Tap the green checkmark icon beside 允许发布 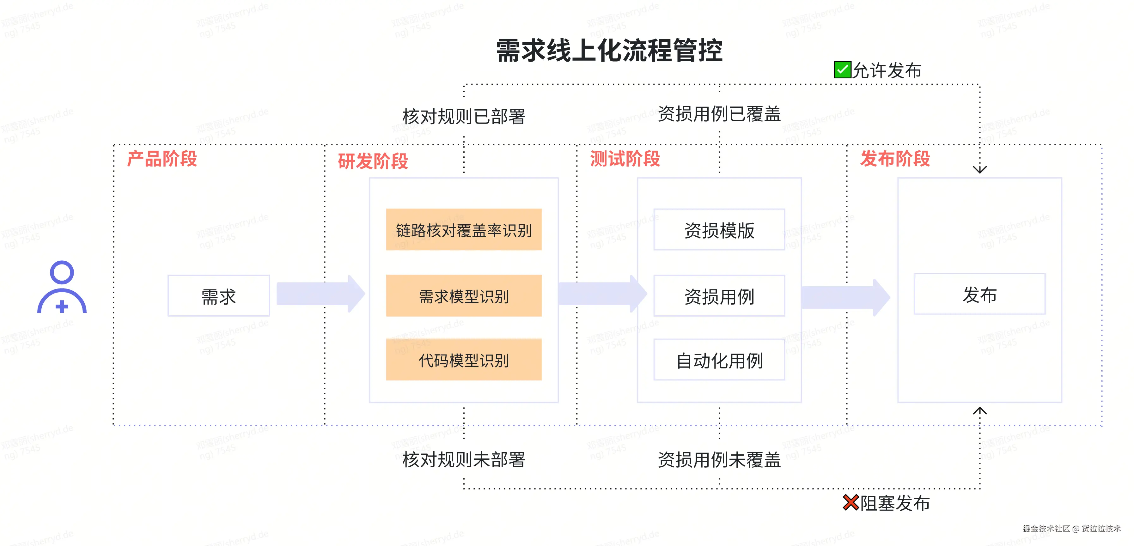842,70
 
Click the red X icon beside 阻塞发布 850,502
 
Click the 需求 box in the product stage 218,296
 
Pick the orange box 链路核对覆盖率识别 464,230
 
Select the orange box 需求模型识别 464,296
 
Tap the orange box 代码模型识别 464,360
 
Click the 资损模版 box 719,230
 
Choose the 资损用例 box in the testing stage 719,296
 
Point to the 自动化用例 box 719,360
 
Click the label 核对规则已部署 464,117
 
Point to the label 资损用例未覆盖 719,460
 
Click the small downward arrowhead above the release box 979,169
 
